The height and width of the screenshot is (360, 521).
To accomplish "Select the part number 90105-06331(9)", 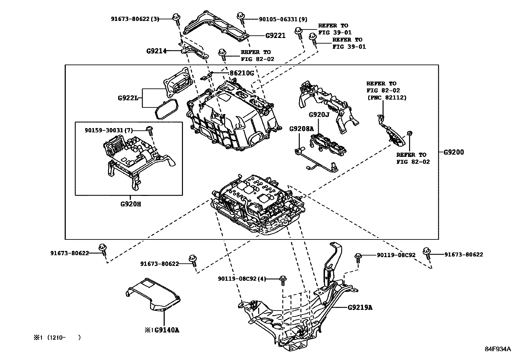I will click(x=283, y=19).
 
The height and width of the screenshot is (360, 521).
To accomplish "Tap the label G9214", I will click(x=156, y=51).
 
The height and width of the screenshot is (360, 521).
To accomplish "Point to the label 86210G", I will click(x=241, y=73).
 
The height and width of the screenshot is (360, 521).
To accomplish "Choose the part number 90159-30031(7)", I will click(x=109, y=130).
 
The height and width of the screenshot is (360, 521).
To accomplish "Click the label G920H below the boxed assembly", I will click(x=131, y=204).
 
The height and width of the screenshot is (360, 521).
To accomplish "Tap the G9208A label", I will click(x=301, y=129).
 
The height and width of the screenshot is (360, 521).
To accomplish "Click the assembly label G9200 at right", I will click(x=454, y=152).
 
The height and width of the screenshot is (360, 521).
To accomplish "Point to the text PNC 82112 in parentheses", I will click(x=386, y=97).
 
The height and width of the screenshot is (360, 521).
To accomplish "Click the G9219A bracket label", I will click(x=360, y=307).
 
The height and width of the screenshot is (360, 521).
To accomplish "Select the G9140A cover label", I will click(x=166, y=330).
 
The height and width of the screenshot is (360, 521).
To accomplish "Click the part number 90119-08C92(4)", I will click(x=242, y=279).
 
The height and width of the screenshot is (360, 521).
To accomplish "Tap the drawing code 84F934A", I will click(x=497, y=349).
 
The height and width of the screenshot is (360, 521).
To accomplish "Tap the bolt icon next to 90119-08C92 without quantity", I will click(x=358, y=257).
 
